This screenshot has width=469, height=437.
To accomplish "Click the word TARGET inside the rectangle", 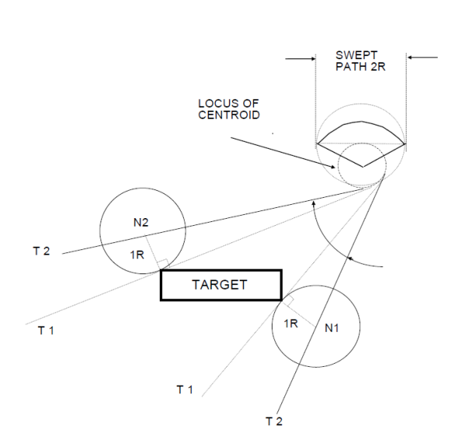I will point(220,284).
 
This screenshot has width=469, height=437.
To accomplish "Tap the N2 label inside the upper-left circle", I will point(141,223).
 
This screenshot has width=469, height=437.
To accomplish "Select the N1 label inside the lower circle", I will point(332,328).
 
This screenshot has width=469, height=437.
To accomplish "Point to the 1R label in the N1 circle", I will point(291,323).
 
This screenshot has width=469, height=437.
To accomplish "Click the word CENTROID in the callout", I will point(228,115).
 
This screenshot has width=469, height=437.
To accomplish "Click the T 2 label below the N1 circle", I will point(273,421).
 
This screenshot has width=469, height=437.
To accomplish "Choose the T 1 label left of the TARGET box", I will point(46,330).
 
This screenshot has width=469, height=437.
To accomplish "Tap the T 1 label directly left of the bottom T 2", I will point(185,389).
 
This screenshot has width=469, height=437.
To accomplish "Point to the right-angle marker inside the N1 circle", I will point(287,300).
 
